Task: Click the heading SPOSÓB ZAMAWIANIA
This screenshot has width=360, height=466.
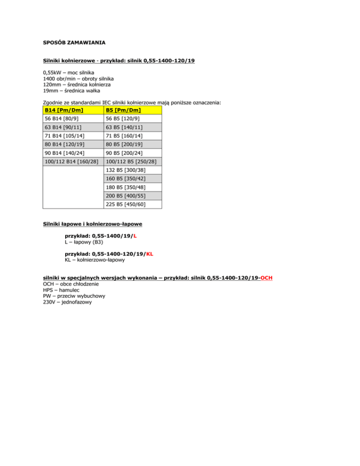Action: pyautogui.click(x=74, y=43)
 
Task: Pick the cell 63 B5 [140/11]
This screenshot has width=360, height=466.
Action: pyautogui.click(x=123, y=128)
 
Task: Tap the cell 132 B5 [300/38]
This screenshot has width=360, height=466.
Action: pyautogui.click(x=126, y=170)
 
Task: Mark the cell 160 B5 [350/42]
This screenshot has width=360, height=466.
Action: pyautogui.click(x=126, y=179)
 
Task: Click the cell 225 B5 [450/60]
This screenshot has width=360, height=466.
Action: pyautogui.click(x=126, y=204)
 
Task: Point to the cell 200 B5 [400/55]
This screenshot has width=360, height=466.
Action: pyautogui.click(x=126, y=196)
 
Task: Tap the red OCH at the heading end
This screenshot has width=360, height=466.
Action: pyautogui.click(x=267, y=278)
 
